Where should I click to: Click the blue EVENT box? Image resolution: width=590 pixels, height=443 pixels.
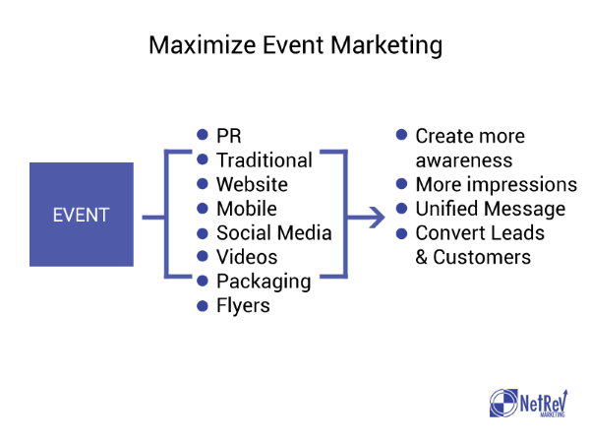pyautogui.click(x=82, y=215)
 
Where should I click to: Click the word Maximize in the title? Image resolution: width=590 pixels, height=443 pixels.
pyautogui.click(x=202, y=45)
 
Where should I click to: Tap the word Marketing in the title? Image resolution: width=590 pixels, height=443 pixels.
pyautogui.click(x=386, y=46)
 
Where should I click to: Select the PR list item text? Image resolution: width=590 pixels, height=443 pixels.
pyautogui.click(x=229, y=136)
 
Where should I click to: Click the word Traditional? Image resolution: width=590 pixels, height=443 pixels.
pyautogui.click(x=265, y=160)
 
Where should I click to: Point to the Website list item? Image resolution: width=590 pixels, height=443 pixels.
pyautogui.click(x=252, y=184)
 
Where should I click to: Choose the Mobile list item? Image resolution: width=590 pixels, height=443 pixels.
pyautogui.click(x=247, y=209)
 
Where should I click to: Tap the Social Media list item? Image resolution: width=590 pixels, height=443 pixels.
pyautogui.click(x=274, y=232)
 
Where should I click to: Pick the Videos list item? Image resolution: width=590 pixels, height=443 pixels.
pyautogui.click(x=247, y=257)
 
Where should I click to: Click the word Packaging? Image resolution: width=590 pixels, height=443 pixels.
pyautogui.click(x=264, y=282)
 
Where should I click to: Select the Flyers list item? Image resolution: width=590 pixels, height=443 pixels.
pyautogui.click(x=243, y=306)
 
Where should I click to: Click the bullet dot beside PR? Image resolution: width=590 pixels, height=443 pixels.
pyautogui.click(x=203, y=135)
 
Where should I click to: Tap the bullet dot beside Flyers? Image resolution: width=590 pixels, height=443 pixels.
pyautogui.click(x=203, y=306)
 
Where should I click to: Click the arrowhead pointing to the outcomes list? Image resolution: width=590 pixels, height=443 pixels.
pyautogui.click(x=377, y=218)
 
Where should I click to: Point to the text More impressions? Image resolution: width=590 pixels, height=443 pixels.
pyautogui.click(x=497, y=185)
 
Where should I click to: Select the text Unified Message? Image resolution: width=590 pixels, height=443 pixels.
pyautogui.click(x=491, y=209)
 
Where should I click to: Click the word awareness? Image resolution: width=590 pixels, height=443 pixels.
pyautogui.click(x=464, y=160)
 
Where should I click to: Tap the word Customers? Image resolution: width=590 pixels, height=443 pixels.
pyautogui.click(x=482, y=257)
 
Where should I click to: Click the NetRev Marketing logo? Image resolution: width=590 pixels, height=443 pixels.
pyautogui.click(x=529, y=403)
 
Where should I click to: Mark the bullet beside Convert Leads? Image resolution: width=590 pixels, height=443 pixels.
pyautogui.click(x=402, y=233)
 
